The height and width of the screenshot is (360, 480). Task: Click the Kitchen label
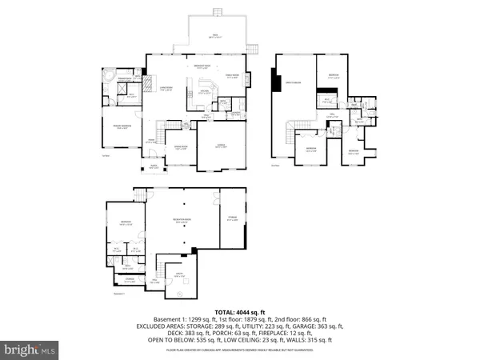click(x=205, y=93)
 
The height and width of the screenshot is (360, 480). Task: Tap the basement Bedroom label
click(x=126, y=225)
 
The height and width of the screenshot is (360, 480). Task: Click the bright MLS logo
click(x=30, y=350)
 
